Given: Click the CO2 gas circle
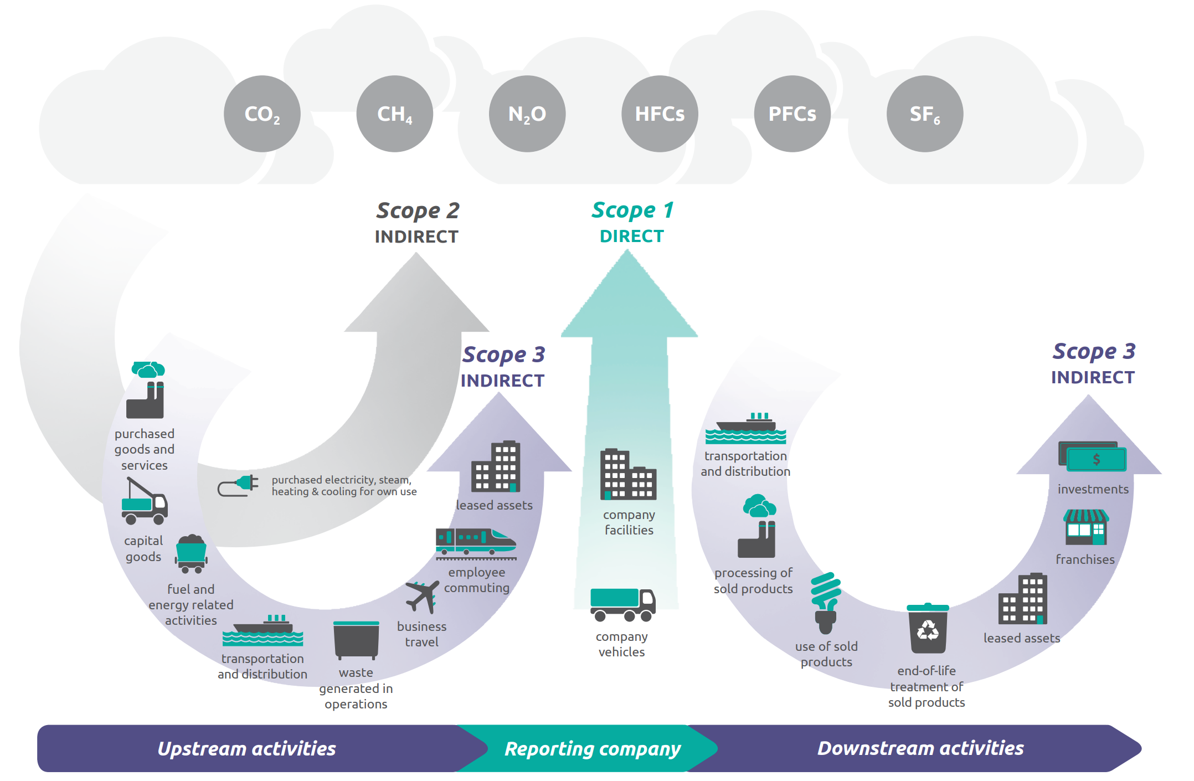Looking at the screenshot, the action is click(x=262, y=114).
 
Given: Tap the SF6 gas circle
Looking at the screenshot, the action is click(x=925, y=114).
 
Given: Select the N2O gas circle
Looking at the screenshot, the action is click(x=527, y=114).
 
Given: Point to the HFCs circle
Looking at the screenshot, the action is click(x=660, y=114).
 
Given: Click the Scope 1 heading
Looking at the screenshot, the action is click(x=632, y=210).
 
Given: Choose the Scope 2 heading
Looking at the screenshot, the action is click(x=418, y=211).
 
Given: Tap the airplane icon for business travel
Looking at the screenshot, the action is click(x=423, y=597).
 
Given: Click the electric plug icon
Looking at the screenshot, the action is click(x=238, y=485).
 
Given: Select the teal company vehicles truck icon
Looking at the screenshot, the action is click(x=623, y=605).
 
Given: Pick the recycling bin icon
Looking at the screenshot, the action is click(x=928, y=629).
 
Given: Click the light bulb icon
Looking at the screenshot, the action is click(x=826, y=603).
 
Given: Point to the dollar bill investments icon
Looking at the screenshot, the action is click(x=1092, y=456).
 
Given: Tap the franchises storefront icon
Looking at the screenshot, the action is click(x=1086, y=527).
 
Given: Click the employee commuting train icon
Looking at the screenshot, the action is click(x=476, y=543).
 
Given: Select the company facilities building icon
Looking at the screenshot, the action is click(x=628, y=474).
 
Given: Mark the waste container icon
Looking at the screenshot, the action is click(x=356, y=640).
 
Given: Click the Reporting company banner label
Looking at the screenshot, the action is click(x=593, y=749).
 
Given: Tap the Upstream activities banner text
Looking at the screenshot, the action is click(x=247, y=749).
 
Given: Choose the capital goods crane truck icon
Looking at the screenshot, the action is click(x=144, y=501).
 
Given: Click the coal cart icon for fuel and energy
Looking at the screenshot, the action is click(x=191, y=554).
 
